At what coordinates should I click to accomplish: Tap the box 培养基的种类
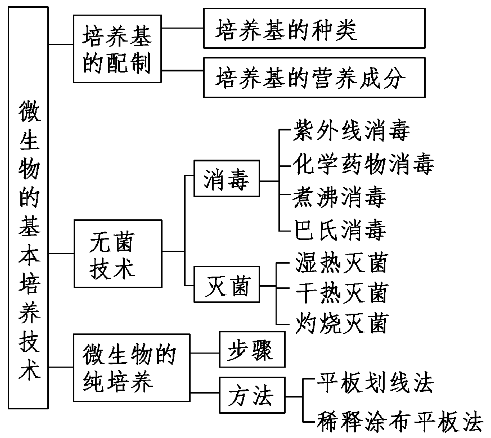tap(314, 28)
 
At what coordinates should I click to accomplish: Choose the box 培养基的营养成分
tap(314, 78)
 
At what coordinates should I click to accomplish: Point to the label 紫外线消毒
tap(351, 133)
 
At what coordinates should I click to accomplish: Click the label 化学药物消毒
tap(363, 165)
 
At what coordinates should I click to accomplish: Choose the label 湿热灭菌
tap(341, 262)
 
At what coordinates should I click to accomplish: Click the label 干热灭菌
tap(341, 293)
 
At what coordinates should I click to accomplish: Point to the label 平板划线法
tap(376, 383)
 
